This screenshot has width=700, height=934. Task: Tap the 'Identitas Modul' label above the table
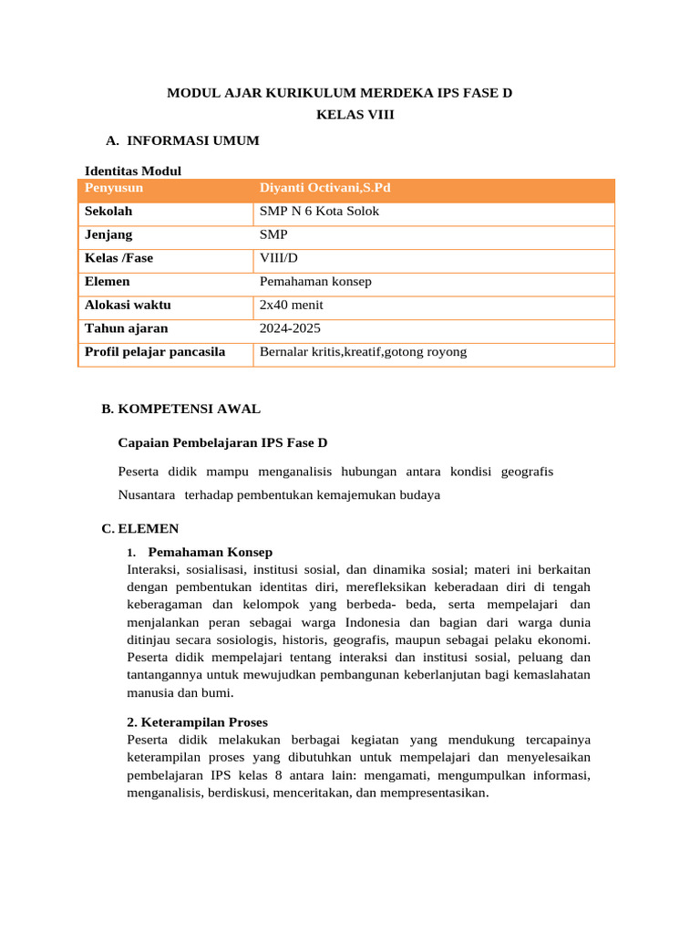pos(133,171)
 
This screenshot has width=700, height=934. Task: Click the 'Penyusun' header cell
pos(114,189)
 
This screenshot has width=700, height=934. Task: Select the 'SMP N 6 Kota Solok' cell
pos(319,212)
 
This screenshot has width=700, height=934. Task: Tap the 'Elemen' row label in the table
pos(107,282)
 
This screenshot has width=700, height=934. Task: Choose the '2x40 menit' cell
pos(291,305)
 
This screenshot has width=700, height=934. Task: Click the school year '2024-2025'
pos(290,328)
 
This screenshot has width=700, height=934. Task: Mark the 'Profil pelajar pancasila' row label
pos(155,351)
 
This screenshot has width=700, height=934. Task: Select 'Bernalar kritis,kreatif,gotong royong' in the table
pos(363,351)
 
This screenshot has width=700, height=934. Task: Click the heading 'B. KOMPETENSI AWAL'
pos(181,409)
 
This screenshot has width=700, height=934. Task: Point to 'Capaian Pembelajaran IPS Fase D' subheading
pos(222,443)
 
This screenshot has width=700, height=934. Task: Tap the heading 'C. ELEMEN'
pos(140,528)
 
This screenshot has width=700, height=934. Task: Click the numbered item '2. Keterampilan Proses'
pos(198,721)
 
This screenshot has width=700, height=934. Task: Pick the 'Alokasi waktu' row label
pos(128,305)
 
